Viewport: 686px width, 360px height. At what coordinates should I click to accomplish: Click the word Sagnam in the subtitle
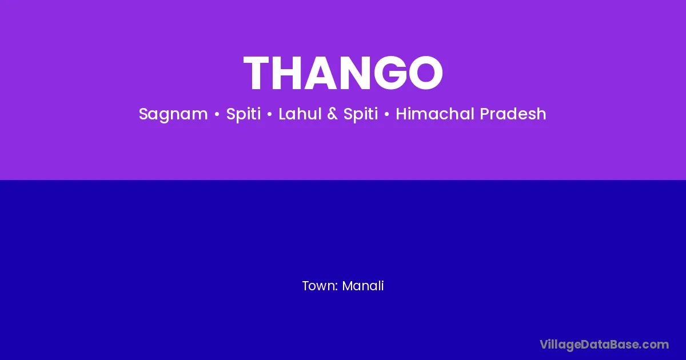point(173,114)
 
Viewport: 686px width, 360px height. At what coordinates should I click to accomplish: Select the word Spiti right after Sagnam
point(244,114)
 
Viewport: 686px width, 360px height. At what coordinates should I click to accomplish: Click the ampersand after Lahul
point(332,114)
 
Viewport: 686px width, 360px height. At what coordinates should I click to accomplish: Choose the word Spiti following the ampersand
point(361,114)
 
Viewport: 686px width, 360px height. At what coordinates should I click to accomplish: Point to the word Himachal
point(435,114)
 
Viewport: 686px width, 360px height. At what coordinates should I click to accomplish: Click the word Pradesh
point(513,114)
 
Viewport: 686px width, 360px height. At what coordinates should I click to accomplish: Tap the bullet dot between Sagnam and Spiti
point(217,114)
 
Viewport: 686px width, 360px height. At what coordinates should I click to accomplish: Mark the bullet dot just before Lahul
point(270,114)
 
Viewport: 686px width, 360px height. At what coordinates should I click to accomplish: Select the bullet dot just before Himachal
point(387,114)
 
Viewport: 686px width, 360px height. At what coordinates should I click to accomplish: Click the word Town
point(320,286)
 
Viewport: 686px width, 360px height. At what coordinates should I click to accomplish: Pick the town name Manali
point(363,286)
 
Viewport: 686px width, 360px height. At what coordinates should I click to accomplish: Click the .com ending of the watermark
point(655,345)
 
